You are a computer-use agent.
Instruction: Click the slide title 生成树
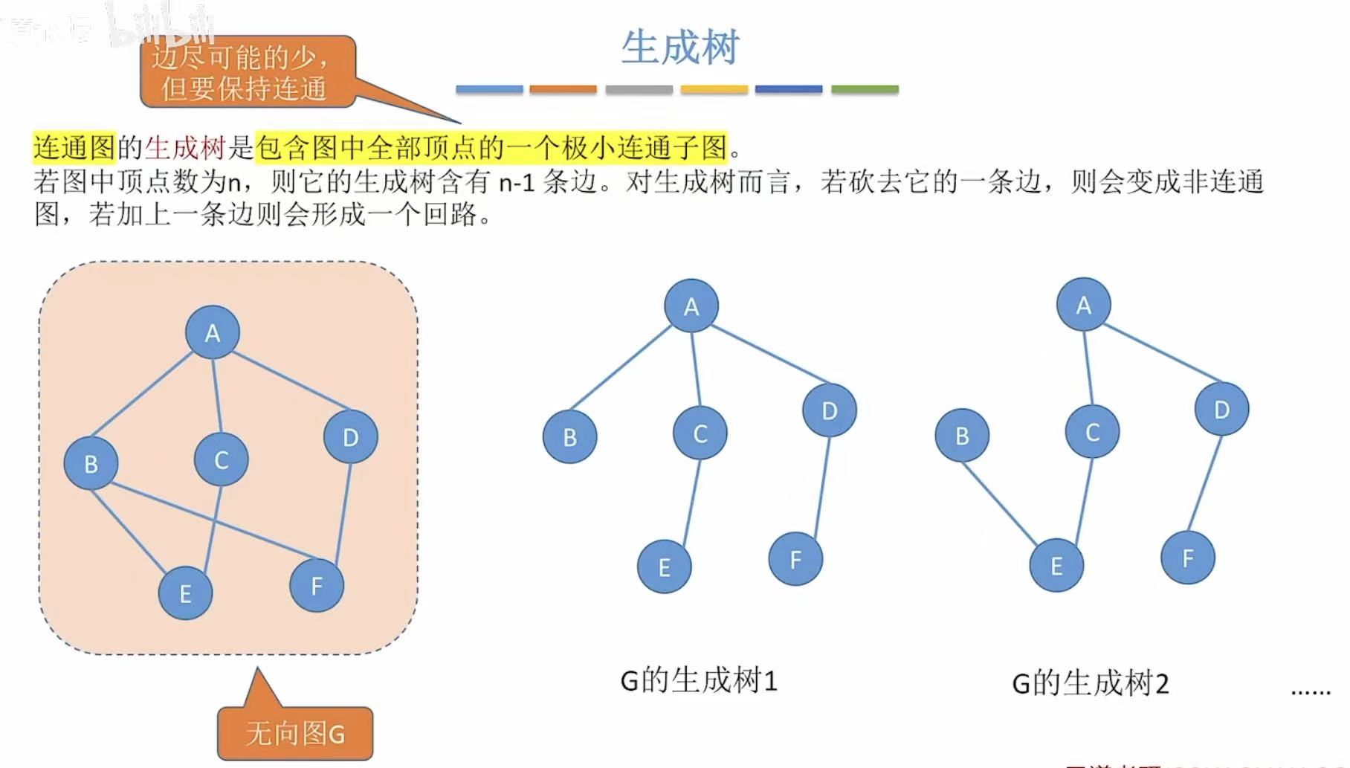point(679,48)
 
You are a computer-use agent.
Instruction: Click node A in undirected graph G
point(213,332)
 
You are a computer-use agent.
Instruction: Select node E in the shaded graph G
point(185,593)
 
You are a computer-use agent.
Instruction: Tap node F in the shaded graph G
point(317,586)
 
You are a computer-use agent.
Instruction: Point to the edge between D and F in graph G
point(344,512)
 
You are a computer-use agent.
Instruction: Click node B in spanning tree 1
point(570,437)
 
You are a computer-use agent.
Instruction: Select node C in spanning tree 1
point(700,433)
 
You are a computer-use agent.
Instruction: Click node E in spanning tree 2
point(1056,566)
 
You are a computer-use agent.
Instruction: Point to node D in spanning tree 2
point(1222,409)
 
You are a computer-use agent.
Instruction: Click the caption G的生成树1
point(699,681)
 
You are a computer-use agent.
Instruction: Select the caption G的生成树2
point(1091,683)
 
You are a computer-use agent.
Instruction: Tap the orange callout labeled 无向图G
point(295,734)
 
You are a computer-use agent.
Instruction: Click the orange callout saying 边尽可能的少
point(245,73)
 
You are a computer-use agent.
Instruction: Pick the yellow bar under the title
point(714,90)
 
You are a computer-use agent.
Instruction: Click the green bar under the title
point(865,90)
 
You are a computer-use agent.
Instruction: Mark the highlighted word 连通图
point(74,148)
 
